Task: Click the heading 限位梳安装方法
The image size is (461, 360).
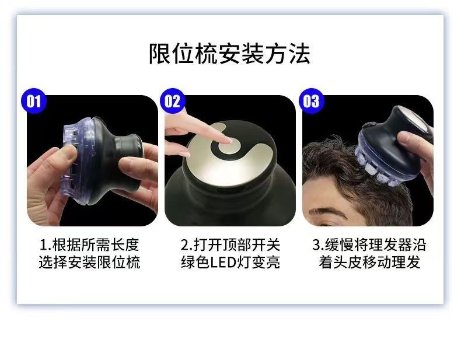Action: tap(229, 53)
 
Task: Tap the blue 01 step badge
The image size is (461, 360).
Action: tap(34, 102)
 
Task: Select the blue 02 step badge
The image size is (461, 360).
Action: tap(173, 102)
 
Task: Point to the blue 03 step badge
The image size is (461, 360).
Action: tap(311, 102)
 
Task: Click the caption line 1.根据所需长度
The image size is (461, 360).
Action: tap(90, 244)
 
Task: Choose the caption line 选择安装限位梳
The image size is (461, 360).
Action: tap(90, 263)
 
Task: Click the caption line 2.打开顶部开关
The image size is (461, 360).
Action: tap(229, 244)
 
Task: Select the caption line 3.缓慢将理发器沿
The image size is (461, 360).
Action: tap(369, 244)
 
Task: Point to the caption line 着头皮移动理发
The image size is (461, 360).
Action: tap(369, 263)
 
